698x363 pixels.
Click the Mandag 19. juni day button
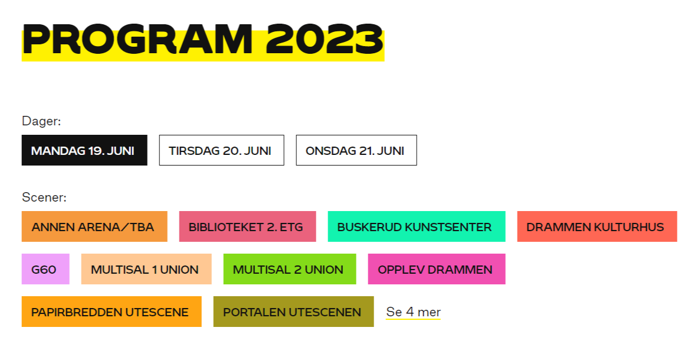84,150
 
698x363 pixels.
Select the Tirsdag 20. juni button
222,150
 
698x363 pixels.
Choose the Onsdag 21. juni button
356,150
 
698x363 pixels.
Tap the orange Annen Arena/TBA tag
94,226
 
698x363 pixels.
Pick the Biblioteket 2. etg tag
247,226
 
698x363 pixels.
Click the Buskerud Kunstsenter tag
417,226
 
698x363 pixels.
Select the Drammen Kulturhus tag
597,226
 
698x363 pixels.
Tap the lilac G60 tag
45,269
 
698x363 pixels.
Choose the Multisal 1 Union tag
146,269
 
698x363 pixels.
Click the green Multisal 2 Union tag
290,269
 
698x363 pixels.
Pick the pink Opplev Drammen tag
437,269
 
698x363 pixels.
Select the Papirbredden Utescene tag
112,312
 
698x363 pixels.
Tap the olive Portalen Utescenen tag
294,312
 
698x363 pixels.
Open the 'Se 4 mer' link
413,312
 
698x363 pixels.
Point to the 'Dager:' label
41,121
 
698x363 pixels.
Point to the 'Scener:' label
44,197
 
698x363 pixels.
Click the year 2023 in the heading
325,40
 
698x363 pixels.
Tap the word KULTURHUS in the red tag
629,227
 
